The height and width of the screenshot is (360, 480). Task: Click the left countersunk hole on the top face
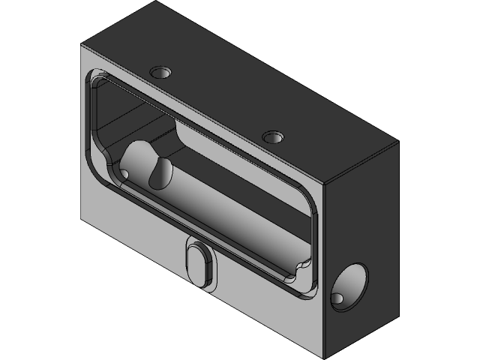tap(160, 73)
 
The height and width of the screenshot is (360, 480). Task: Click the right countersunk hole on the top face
tap(272, 138)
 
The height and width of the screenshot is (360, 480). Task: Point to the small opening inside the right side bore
tap(339, 298)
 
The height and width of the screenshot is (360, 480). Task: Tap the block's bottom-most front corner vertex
tap(325, 358)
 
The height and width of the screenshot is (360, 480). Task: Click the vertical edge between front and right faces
tap(326, 270)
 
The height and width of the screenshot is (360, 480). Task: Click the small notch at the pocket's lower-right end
tap(304, 266)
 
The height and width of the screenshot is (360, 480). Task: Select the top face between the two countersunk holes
tap(217, 105)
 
